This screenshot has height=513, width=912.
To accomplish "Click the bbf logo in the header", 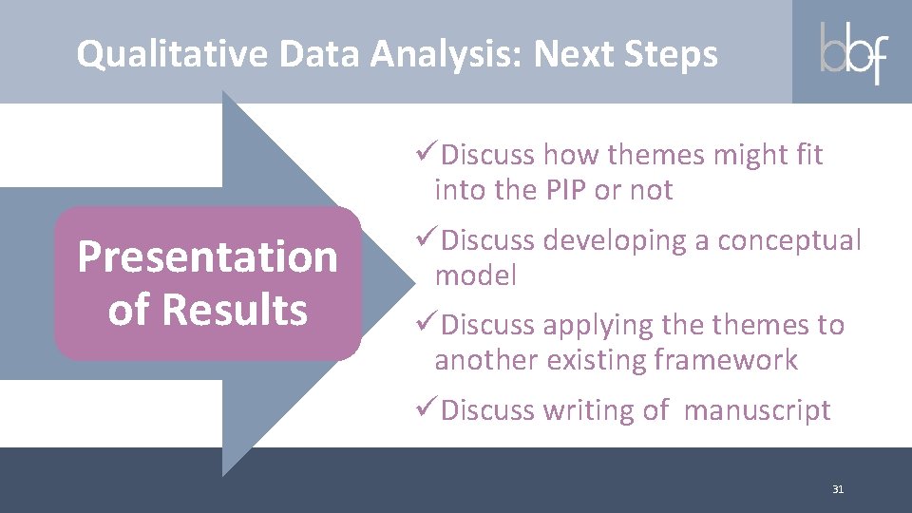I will (x=853, y=52).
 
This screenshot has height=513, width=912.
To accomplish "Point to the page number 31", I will (x=837, y=489).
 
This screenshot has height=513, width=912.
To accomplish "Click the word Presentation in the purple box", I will (x=207, y=256).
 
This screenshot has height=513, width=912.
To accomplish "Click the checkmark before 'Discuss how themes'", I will (x=427, y=153).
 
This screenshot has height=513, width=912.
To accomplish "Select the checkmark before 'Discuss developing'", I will (x=427, y=239).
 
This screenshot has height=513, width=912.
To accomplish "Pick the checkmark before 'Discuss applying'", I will (x=427, y=325).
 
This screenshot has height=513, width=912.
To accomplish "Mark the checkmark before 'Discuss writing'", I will (x=427, y=410).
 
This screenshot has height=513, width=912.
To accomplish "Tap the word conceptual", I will (x=788, y=240).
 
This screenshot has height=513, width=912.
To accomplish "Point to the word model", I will (x=475, y=276).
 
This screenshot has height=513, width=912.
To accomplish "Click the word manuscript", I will (x=756, y=411).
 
